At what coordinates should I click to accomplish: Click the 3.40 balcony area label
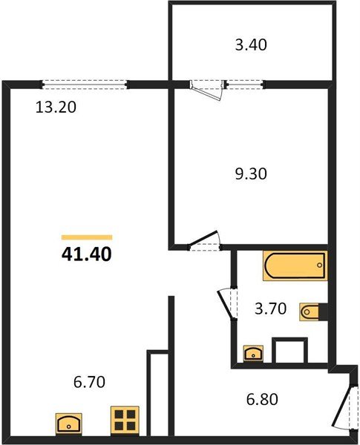250,45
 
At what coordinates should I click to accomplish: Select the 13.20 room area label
56,106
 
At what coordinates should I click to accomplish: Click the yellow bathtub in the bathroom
294,266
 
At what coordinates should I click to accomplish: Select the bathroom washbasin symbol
255,352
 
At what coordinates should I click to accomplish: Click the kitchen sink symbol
71,423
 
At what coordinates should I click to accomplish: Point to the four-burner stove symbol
124,421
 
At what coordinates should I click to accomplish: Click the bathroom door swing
226,304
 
